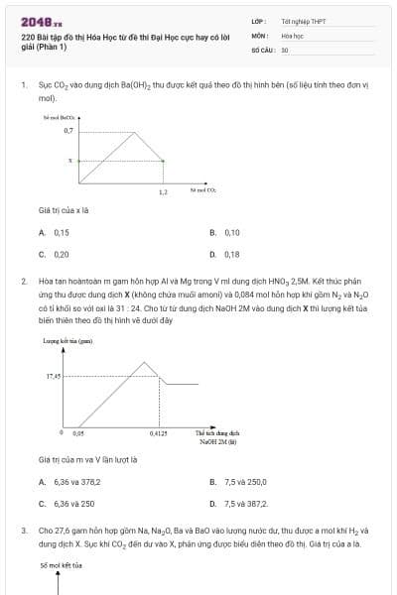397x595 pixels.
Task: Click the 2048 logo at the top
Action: point(42,22)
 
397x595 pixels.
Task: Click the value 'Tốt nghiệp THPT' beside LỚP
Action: point(304,21)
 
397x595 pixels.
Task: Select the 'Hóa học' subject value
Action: point(292,35)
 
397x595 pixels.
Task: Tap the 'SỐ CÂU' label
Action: point(261,49)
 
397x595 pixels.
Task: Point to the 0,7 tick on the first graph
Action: point(67,130)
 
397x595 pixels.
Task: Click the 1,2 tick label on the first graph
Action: point(163,191)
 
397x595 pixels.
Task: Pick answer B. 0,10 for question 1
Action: point(225,232)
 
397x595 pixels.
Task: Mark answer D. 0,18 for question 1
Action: point(225,254)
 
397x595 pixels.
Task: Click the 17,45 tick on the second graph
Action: point(54,376)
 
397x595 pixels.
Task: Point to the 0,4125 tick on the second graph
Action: point(159,433)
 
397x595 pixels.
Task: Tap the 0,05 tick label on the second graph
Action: point(78,433)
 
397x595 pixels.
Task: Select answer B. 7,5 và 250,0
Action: point(237,482)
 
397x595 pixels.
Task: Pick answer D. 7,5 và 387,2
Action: point(238,504)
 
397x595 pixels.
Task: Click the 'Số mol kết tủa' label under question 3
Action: point(62,565)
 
